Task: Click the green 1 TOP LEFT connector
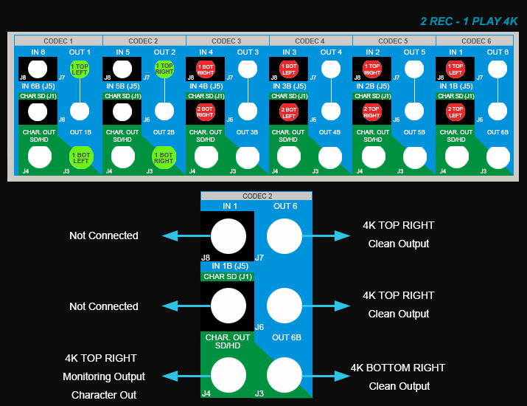click(80, 70)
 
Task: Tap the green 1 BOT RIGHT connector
click(163, 157)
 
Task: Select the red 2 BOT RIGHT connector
click(204, 112)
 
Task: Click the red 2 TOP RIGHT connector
click(371, 112)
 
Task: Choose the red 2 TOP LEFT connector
click(455, 112)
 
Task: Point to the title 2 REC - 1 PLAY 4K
click(469, 21)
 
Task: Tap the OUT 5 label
click(413, 52)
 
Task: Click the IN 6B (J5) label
click(38, 86)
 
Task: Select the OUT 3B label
click(247, 132)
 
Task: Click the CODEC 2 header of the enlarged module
click(256, 196)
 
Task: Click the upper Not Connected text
click(104, 235)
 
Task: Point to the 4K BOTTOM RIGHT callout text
click(398, 368)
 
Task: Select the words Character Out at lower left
click(104, 395)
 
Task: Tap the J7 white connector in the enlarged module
click(285, 236)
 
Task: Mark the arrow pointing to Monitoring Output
click(180, 376)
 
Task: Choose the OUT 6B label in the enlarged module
click(285, 337)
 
